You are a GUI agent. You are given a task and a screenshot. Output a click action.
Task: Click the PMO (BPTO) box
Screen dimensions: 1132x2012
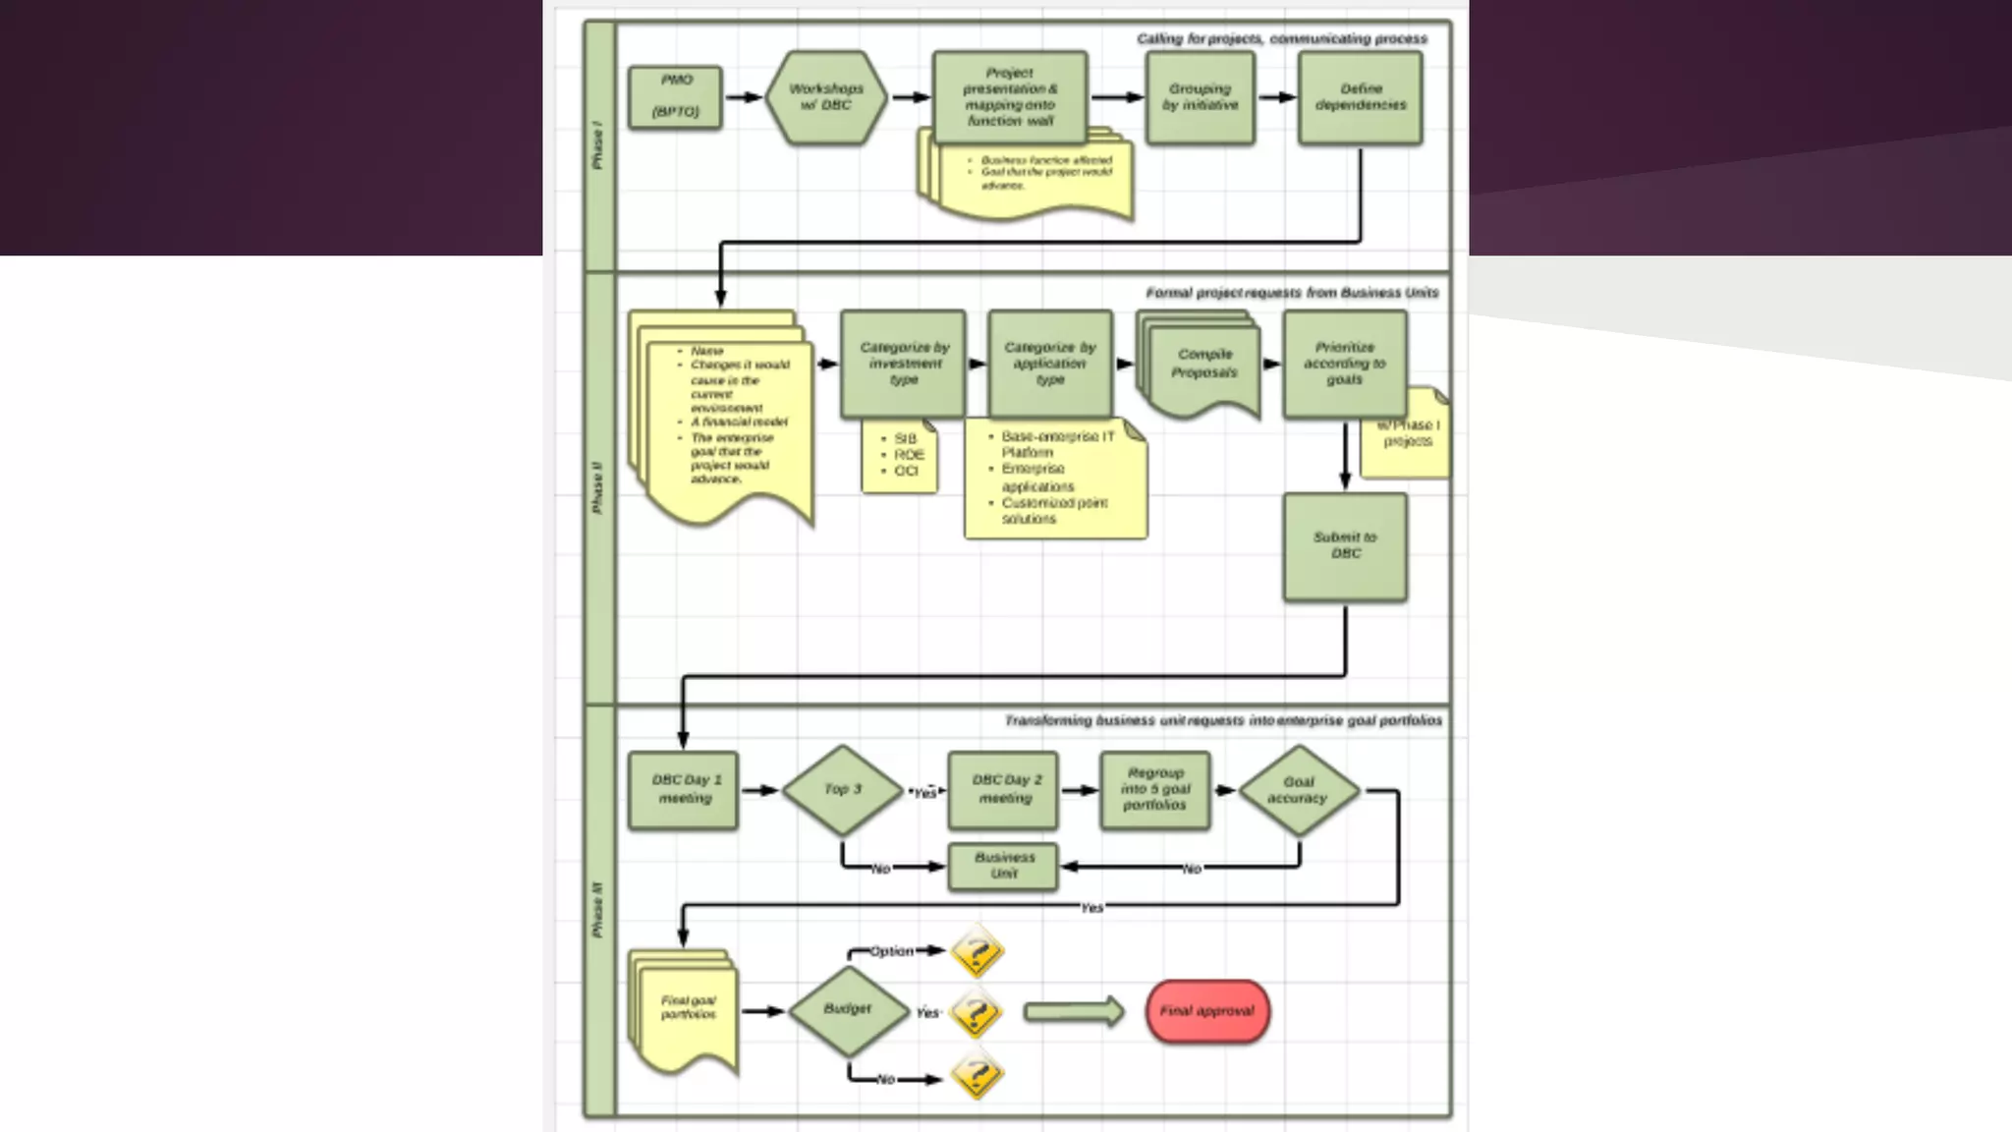tap(675, 97)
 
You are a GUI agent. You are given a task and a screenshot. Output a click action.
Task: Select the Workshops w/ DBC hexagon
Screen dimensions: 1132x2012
tap(825, 97)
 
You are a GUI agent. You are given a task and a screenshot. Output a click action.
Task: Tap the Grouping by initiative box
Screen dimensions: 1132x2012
tap(1200, 97)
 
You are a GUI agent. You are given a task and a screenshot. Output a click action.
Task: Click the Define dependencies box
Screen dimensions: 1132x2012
tap(1360, 97)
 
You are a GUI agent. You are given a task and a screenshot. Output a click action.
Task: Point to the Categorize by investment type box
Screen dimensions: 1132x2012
tap(903, 364)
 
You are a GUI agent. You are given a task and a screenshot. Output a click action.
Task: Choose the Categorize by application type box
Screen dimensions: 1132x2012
tap(1050, 364)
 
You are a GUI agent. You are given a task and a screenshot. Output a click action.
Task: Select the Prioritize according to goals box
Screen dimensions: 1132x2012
tap(1344, 364)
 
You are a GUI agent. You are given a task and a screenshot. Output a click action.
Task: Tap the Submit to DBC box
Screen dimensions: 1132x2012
tap(1345, 546)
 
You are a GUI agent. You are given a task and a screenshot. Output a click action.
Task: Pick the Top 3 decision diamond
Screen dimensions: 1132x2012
tap(842, 790)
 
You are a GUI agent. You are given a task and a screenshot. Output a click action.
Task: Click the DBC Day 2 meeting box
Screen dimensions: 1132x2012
tap(1003, 790)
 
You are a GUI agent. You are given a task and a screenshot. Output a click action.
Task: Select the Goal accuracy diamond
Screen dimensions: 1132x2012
tap(1298, 790)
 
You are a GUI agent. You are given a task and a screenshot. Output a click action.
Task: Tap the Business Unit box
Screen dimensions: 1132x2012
tap(1003, 866)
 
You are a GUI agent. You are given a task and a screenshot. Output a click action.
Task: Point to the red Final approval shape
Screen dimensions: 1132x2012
tap(1207, 1011)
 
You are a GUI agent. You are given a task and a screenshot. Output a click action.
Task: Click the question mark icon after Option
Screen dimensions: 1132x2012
tap(977, 951)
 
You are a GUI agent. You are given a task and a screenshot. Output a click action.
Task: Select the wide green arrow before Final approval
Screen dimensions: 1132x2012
tap(1073, 1011)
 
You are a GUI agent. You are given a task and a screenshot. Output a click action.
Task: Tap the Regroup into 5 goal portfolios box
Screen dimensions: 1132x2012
tap(1154, 790)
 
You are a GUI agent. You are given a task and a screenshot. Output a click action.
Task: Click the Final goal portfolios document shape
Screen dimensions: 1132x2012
tap(686, 1011)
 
